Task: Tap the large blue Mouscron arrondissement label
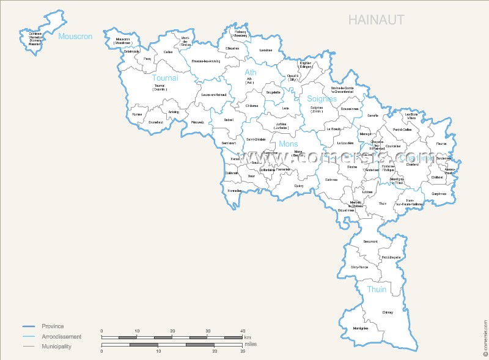(75, 37)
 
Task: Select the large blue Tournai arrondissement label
(165, 78)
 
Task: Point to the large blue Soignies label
(322, 98)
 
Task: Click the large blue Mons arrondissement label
(288, 144)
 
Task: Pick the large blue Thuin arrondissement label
(377, 289)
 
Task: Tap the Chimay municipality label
(388, 312)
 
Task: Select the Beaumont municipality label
(370, 242)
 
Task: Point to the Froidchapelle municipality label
(391, 257)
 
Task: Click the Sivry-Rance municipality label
(359, 267)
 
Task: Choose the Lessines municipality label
(265, 50)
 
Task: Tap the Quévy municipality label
(299, 186)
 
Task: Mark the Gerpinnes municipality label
(439, 194)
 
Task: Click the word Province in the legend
(53, 326)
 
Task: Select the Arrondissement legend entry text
(61, 337)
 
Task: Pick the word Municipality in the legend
(56, 347)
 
